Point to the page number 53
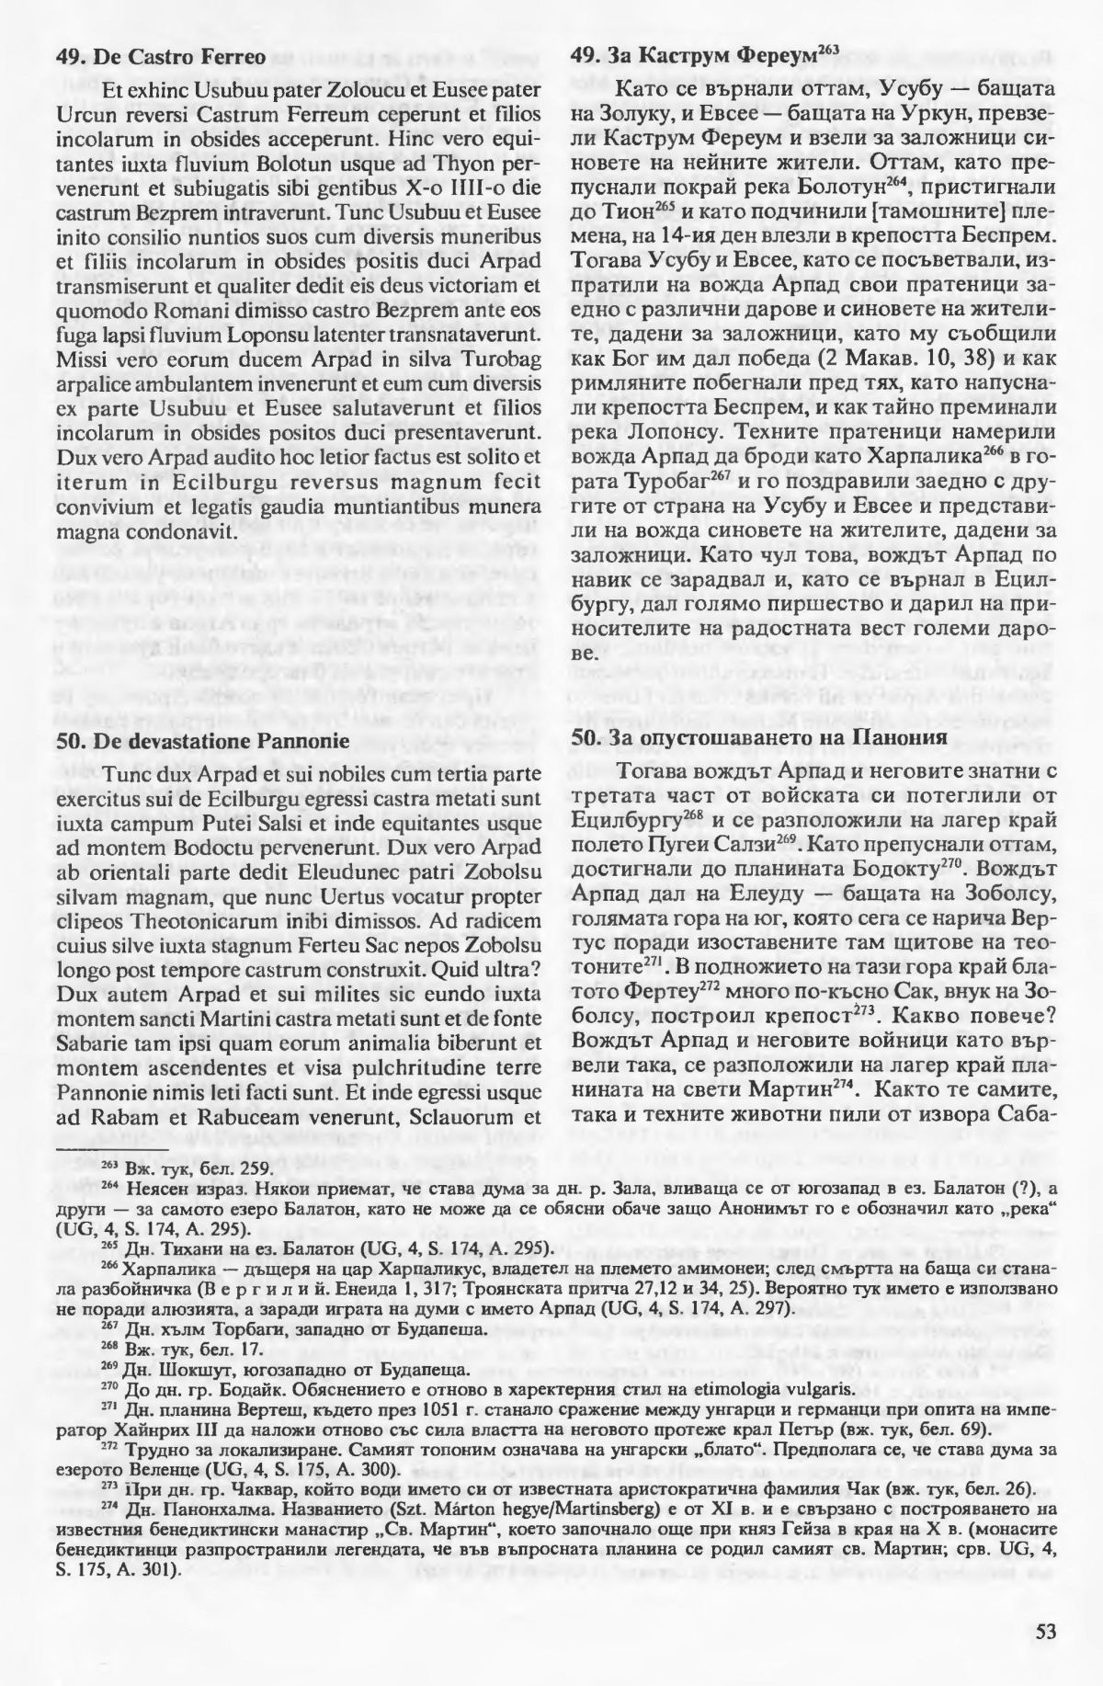(x=1045, y=1632)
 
